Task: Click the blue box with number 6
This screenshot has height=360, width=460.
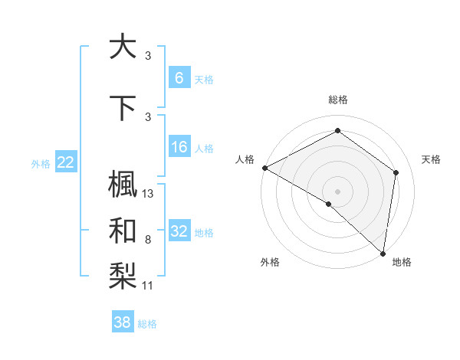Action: pos(179,78)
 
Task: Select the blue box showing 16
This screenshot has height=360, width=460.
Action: pos(179,148)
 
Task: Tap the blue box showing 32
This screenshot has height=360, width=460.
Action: pos(179,231)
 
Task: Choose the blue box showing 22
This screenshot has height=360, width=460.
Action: pos(65,162)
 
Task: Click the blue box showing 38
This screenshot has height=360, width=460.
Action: pos(123,322)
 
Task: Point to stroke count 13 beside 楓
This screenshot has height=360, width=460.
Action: pos(149,194)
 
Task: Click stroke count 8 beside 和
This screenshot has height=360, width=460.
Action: pos(147,240)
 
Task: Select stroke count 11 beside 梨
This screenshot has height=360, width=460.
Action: pos(149,286)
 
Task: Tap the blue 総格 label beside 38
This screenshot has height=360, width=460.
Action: pos(147,324)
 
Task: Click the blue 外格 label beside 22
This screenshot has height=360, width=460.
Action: pos(41,163)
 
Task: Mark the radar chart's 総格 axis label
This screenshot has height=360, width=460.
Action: pos(338,100)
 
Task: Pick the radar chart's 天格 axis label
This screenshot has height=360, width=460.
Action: pos(432,159)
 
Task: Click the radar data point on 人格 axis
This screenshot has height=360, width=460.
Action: pos(264,167)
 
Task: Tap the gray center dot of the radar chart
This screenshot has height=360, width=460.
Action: pos(338,191)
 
